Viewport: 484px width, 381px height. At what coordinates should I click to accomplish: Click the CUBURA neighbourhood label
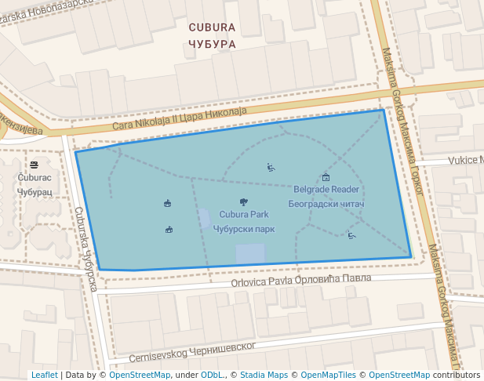[x=212, y=27]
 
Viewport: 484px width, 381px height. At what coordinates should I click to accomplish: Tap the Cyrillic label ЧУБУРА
[x=212, y=44]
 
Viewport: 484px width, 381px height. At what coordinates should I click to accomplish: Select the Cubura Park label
[x=244, y=214]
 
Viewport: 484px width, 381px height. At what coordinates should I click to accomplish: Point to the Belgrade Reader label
[x=326, y=189]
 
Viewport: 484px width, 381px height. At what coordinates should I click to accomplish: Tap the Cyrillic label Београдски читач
[x=326, y=204]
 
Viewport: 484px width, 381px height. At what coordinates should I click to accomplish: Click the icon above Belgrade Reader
[x=326, y=177]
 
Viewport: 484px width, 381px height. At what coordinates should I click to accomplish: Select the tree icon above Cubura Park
[x=244, y=202]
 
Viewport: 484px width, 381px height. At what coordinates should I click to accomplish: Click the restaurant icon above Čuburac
[x=35, y=165]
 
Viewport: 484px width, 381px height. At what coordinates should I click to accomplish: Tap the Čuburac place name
[x=35, y=178]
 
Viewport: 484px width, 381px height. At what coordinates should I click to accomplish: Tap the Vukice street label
[x=465, y=160]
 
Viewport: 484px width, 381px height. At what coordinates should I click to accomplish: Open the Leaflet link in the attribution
[x=44, y=375]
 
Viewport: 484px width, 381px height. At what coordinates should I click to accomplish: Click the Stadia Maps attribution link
[x=264, y=375]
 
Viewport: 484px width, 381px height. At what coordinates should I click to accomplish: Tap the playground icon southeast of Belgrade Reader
[x=351, y=234]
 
